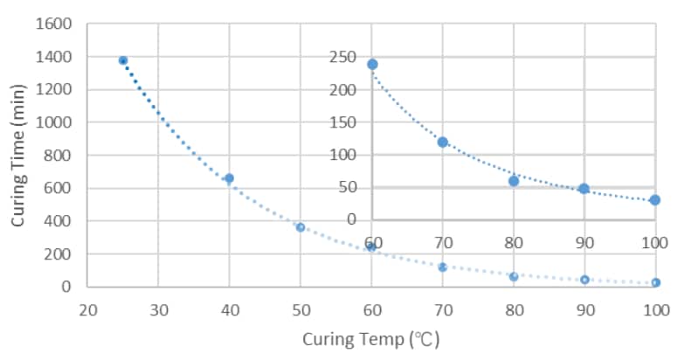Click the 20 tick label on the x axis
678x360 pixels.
click(x=87, y=310)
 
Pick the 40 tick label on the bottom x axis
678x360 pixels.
click(x=229, y=310)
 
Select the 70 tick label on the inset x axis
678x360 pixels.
click(x=442, y=240)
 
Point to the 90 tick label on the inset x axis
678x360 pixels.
click(x=584, y=240)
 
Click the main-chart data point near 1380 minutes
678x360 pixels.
click(x=123, y=60)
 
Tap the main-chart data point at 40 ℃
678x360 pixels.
click(x=229, y=178)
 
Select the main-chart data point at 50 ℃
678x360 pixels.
click(x=300, y=227)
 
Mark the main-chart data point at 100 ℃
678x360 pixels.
click(x=655, y=282)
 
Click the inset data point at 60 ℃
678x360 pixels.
click(x=372, y=64)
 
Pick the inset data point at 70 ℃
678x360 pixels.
click(x=443, y=142)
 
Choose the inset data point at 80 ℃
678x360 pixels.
click(x=514, y=181)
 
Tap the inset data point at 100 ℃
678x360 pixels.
click(x=655, y=200)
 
